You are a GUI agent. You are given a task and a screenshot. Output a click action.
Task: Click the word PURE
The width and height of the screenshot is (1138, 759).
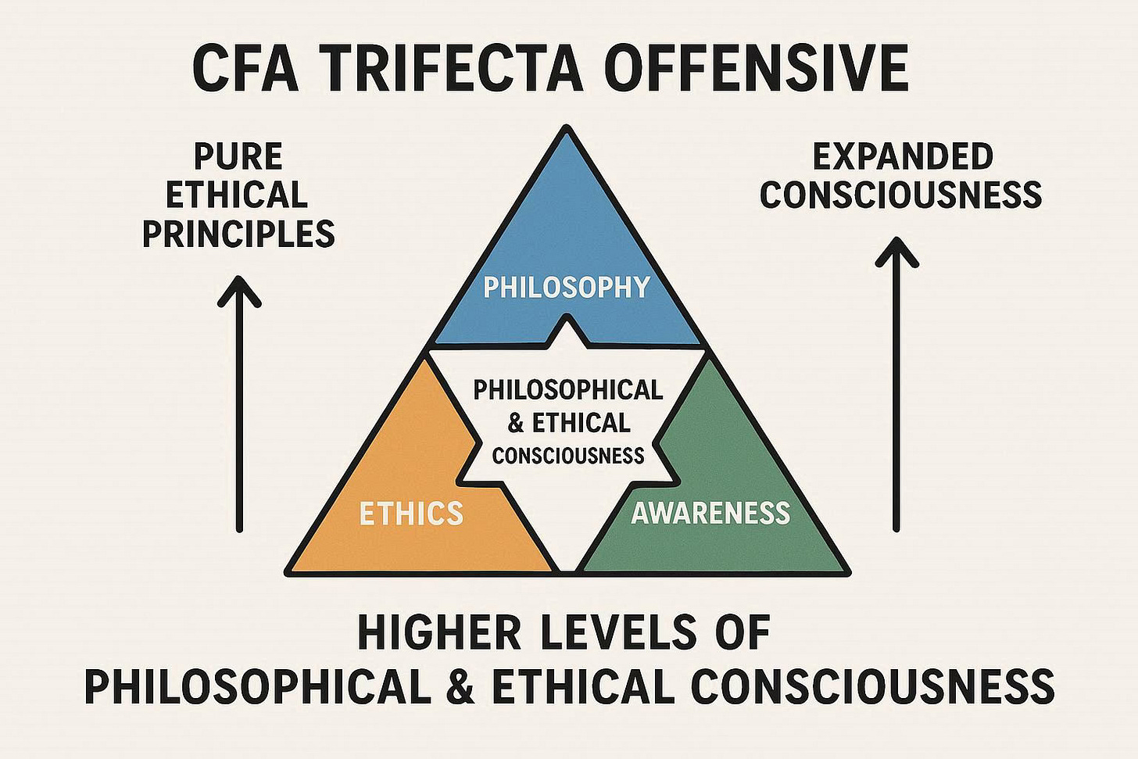click(238, 156)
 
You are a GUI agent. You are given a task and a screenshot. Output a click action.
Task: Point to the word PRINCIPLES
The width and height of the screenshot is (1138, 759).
click(238, 234)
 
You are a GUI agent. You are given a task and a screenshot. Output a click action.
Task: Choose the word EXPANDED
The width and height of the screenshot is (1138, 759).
click(903, 156)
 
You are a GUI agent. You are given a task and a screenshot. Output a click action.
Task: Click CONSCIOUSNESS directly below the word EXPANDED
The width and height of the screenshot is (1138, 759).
click(900, 195)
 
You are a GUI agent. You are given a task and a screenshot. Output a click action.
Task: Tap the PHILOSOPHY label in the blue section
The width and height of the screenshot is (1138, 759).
click(567, 288)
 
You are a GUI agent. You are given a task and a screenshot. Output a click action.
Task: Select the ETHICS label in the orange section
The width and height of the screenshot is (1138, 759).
click(411, 514)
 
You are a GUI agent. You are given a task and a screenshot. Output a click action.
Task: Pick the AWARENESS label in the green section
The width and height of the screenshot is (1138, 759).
click(710, 513)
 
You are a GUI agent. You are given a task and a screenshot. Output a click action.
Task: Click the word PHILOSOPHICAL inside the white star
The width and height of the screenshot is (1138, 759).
click(567, 389)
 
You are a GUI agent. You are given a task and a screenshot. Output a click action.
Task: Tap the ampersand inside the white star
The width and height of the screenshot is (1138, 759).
click(516, 423)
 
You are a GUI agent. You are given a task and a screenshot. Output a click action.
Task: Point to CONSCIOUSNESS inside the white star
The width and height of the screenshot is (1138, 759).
click(568, 455)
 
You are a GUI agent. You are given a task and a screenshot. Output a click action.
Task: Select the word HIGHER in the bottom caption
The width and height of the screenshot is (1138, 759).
click(439, 633)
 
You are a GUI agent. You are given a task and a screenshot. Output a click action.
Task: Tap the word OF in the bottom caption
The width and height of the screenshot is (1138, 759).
click(742, 633)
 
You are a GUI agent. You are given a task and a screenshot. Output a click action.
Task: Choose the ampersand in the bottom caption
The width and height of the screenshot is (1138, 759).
click(461, 685)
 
